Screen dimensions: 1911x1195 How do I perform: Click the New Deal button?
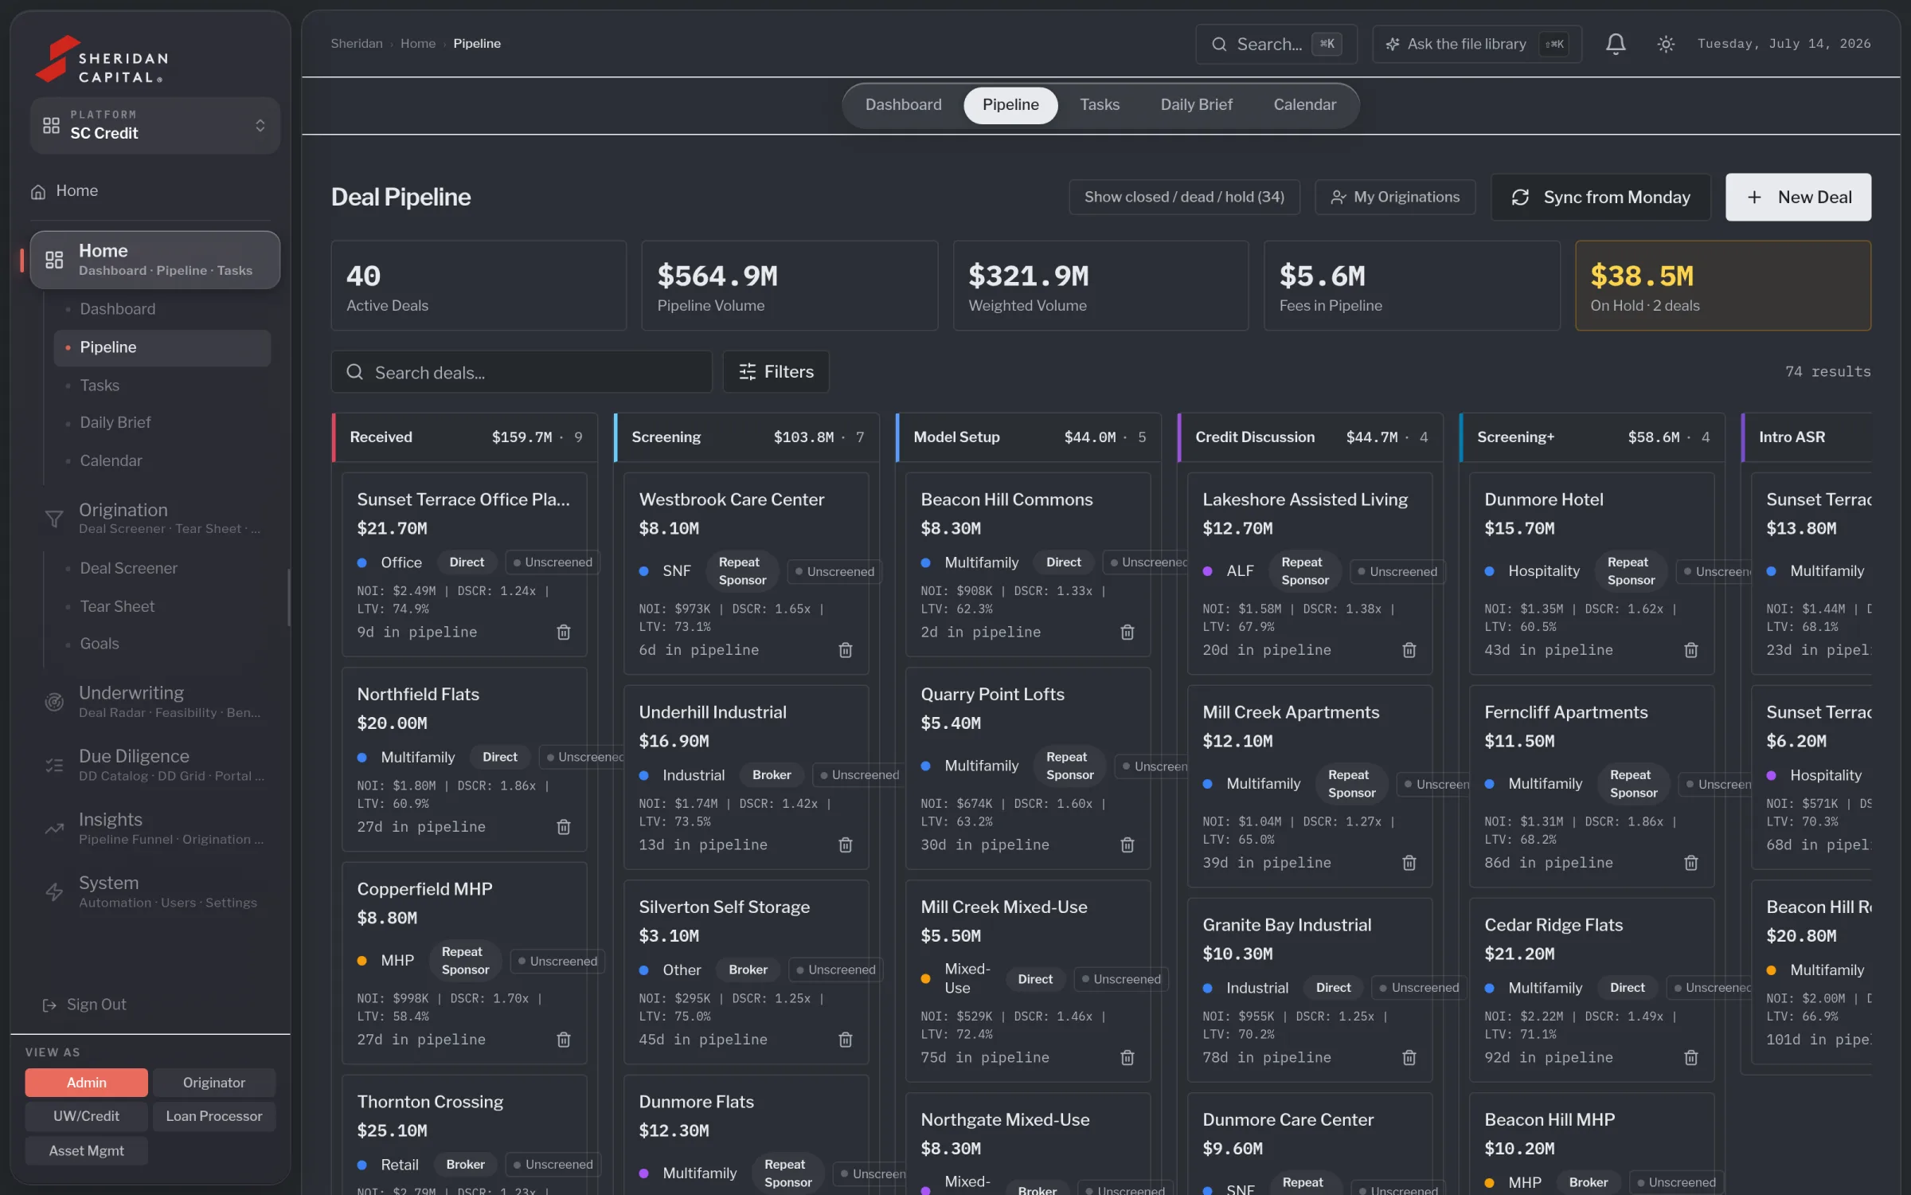coord(1798,197)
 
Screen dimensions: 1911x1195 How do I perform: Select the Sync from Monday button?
coord(1600,197)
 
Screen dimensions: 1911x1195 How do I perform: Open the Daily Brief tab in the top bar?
coord(1196,104)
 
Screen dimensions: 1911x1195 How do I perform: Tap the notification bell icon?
coord(1615,44)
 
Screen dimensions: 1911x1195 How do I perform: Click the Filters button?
coord(776,371)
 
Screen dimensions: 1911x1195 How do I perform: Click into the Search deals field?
coord(522,371)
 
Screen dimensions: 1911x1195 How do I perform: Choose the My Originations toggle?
coord(1395,197)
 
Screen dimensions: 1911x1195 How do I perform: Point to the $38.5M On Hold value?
coord(1642,276)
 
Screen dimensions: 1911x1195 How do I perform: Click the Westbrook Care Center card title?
coord(731,500)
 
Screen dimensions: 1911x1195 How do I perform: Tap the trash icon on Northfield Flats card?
coord(564,827)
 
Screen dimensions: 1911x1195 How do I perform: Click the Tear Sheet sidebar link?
coord(117,606)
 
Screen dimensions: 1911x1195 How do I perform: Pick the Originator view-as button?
coord(214,1083)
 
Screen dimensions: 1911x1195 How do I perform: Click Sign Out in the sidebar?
coord(96,1005)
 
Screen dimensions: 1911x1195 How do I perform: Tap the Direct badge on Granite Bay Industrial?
coord(1333,988)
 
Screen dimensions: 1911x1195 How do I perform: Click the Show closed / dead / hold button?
coord(1184,197)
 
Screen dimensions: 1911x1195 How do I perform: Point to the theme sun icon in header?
coord(1665,44)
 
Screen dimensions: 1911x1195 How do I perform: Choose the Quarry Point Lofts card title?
coord(992,694)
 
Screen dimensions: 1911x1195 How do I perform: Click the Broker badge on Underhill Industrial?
coord(772,775)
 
